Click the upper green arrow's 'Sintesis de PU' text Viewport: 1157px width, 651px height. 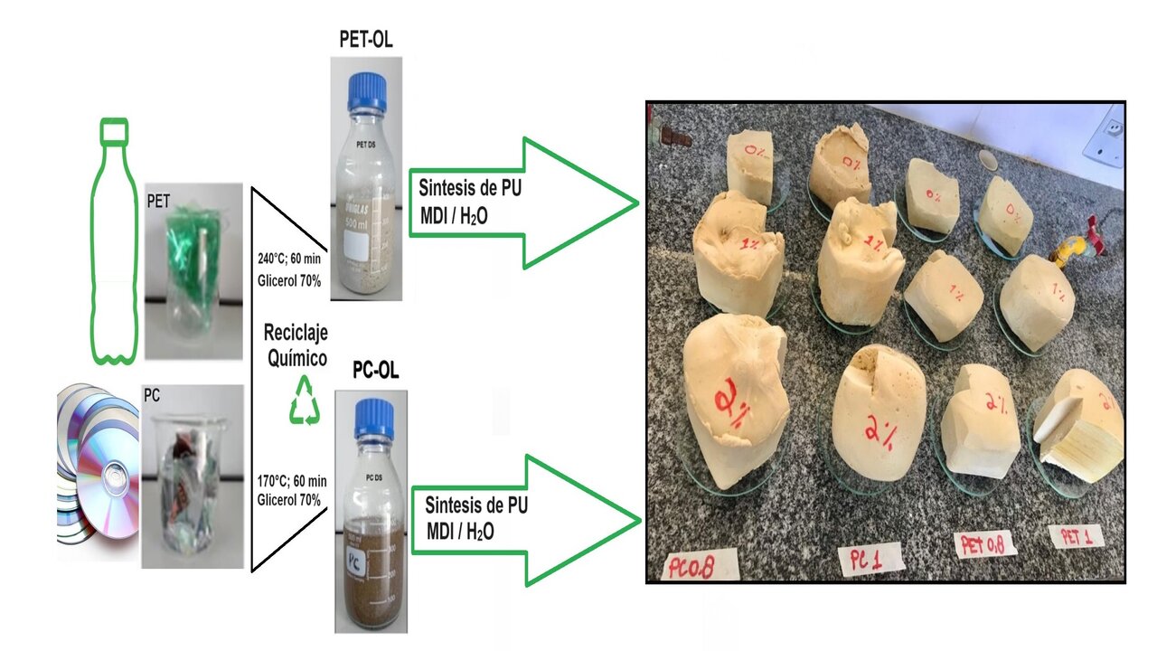click(470, 189)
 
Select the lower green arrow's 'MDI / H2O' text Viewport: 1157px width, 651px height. click(457, 531)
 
